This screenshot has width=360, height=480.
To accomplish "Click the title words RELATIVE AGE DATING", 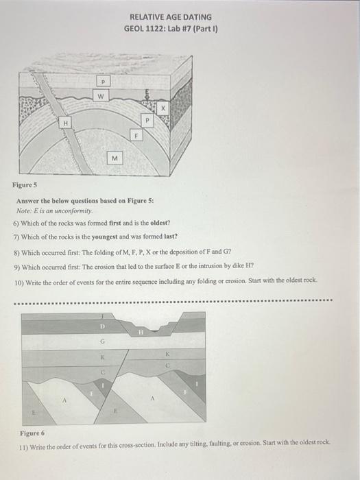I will [x=169, y=17].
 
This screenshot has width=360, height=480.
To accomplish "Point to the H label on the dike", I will [x=64, y=123].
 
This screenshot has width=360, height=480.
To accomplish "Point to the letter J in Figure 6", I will [x=103, y=316].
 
